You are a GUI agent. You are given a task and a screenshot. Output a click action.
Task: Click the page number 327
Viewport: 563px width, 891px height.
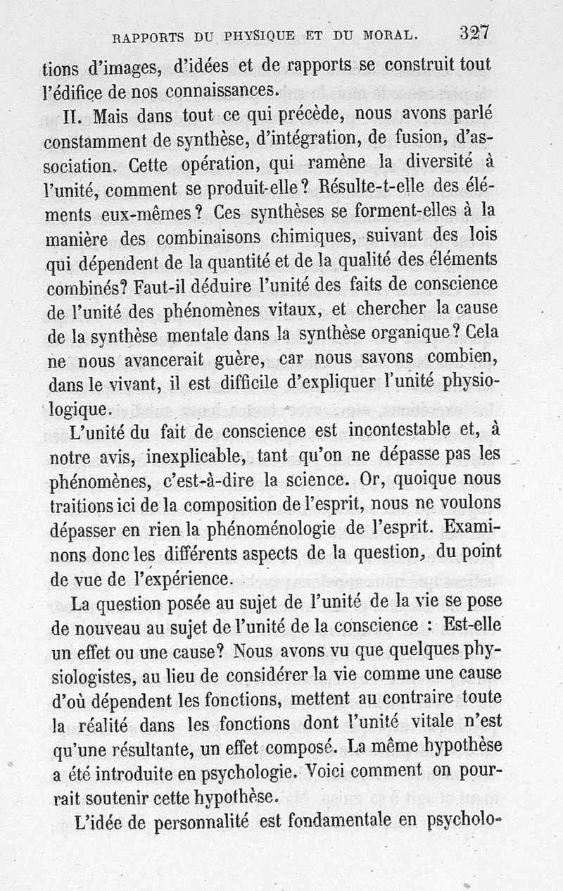(x=475, y=32)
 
